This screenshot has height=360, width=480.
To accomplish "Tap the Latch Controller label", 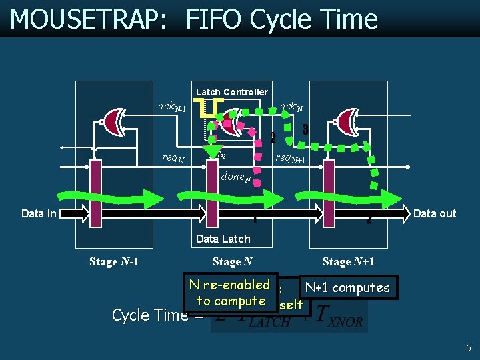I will [x=232, y=92].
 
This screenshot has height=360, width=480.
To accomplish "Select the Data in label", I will [x=39, y=213].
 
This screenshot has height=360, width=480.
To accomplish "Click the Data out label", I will [x=435, y=213].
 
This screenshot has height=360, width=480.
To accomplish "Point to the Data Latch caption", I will [x=223, y=239].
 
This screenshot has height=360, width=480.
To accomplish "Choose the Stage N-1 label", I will [x=114, y=261].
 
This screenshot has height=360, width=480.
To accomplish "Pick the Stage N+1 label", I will [x=348, y=261].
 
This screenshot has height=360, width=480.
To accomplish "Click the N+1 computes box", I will [x=347, y=287].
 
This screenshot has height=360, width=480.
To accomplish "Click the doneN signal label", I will [x=235, y=177].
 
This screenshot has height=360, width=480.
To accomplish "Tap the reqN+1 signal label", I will [x=291, y=159].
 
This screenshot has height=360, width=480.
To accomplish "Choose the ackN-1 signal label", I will [x=171, y=106].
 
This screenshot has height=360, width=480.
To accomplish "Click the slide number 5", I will [x=469, y=347].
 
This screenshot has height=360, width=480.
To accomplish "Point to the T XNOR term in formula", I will [x=340, y=315].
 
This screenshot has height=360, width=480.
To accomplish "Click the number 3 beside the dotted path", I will [x=305, y=130].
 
